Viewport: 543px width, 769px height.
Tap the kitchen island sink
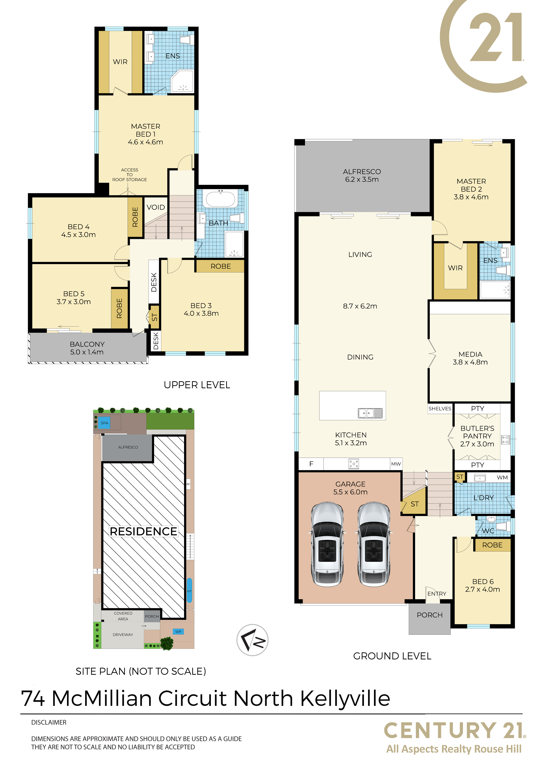pos(370,413)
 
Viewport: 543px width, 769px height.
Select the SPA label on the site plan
pos(104,423)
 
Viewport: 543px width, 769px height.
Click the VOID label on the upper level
pos(156,207)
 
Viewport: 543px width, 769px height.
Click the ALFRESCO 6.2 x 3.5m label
pos(362,176)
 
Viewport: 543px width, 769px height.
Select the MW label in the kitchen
pos(396,464)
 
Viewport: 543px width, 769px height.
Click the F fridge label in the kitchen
pos(311,464)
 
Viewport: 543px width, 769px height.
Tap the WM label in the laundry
pos(502,478)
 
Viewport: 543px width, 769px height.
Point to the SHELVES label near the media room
pos(440,409)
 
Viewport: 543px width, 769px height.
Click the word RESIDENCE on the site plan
pos(144,532)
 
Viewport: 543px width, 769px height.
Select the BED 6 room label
pos(482,586)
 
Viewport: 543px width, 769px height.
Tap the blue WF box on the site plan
pos(178,632)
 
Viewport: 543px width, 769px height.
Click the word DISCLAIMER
pos(49,723)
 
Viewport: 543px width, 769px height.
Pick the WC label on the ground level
pos(488,531)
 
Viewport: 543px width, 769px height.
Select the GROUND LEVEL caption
pos(392,656)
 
